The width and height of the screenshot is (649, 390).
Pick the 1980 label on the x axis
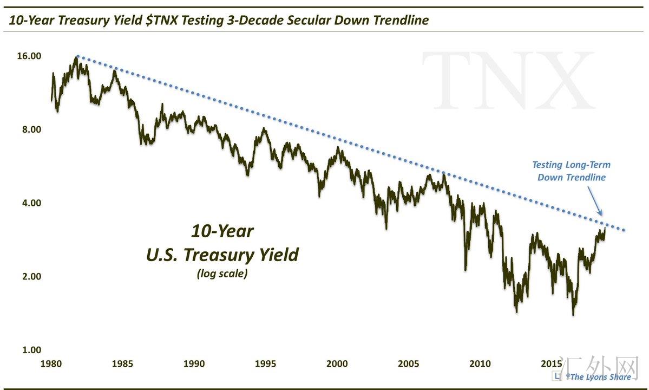point(51,363)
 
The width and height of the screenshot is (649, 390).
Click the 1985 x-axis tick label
point(123,363)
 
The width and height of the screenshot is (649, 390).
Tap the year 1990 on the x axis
point(194,363)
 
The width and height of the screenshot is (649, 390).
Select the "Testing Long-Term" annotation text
point(571,165)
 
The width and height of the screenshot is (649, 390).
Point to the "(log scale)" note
point(222,274)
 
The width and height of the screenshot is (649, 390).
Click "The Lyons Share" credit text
point(600,377)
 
